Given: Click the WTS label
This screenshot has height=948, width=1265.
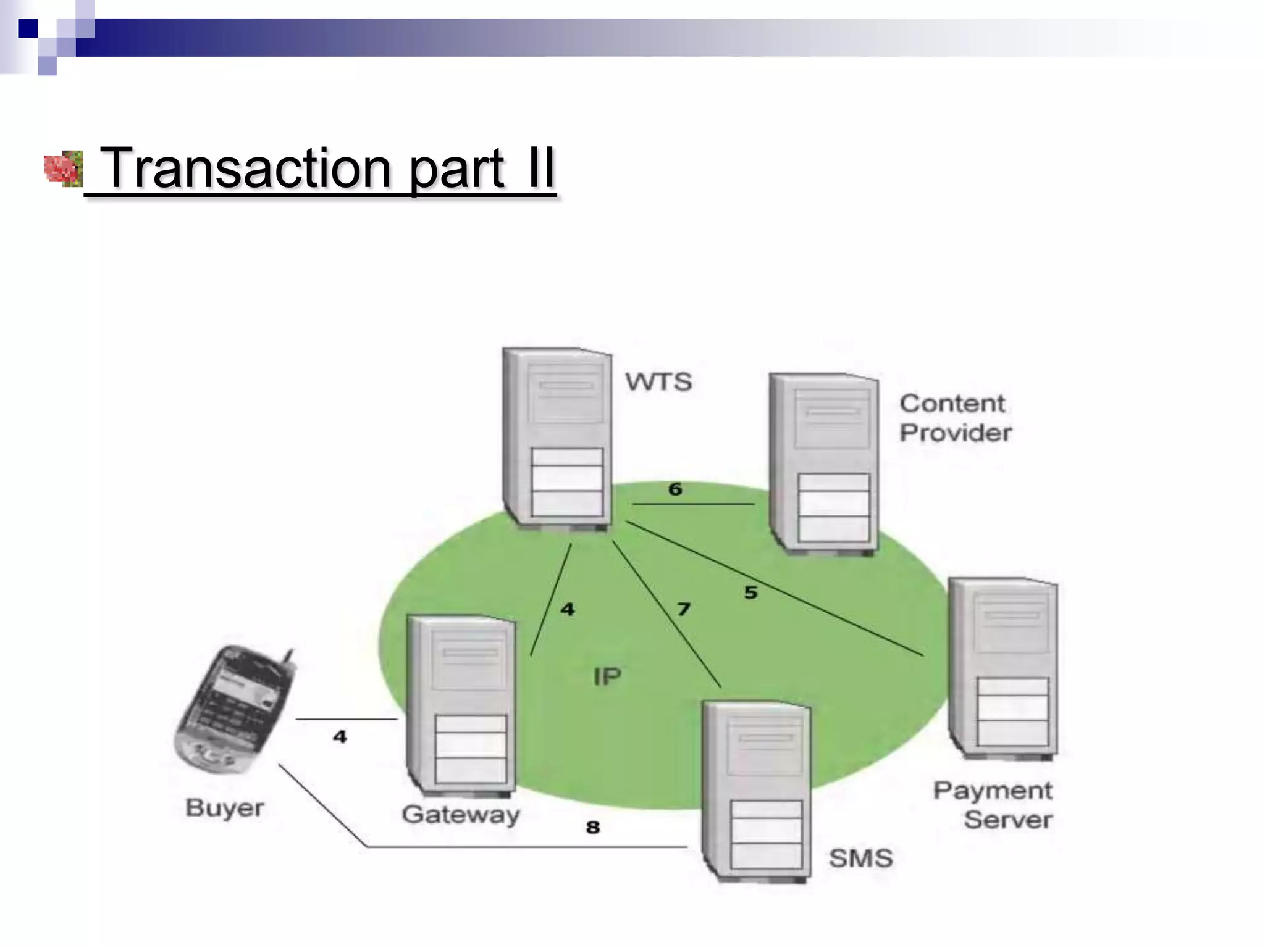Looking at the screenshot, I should click(x=658, y=382).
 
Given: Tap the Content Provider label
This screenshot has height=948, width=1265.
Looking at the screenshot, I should click(x=955, y=418).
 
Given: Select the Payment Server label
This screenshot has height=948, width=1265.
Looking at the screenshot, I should click(x=993, y=805).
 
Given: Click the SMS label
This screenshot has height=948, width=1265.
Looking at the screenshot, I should click(x=860, y=859).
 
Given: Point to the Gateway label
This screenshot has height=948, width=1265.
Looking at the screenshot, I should click(x=461, y=815).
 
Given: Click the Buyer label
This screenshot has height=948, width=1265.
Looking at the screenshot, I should click(x=225, y=808).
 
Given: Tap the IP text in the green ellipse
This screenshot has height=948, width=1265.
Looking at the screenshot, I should click(x=607, y=677).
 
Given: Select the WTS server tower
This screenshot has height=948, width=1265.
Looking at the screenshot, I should click(x=557, y=438).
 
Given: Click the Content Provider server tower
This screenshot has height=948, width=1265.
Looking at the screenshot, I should click(x=824, y=463).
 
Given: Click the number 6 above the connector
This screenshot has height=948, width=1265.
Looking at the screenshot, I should click(x=675, y=489).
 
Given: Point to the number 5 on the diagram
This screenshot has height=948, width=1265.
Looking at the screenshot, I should click(x=750, y=593).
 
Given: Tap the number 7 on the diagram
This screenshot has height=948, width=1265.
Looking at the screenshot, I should click(x=683, y=609).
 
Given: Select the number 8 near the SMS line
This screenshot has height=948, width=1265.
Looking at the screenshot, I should click(x=593, y=827).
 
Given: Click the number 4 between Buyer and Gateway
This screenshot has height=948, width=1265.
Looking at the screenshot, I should click(x=340, y=736).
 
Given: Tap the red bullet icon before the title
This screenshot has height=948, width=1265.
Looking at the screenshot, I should click(x=64, y=168).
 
